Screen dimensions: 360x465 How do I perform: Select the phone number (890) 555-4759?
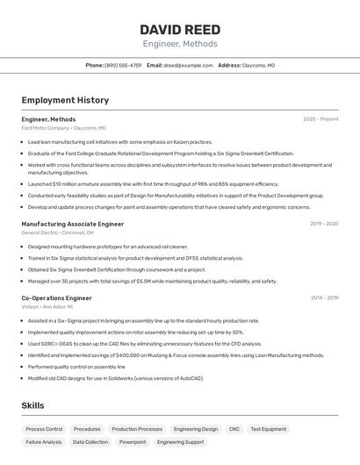pos(123,65)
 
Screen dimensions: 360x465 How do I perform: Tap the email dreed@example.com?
pos(188,65)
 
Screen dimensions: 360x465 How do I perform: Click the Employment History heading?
pos(65,100)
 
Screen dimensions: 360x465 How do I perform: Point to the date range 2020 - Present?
pos(320,118)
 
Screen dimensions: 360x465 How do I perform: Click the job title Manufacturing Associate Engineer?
pos(72,224)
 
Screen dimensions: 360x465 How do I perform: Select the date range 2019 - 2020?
pos(323,224)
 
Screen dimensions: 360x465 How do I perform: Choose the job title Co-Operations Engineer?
pos(56,297)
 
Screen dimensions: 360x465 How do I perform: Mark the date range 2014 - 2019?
pos(323,297)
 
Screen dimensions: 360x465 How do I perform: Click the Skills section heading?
pos(32,406)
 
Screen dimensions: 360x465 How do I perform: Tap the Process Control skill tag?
pos(44,429)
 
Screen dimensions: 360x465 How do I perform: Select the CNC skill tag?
pos(234,429)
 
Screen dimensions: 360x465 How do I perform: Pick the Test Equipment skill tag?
pos(268,429)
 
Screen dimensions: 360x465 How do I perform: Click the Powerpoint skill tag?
pos(133,442)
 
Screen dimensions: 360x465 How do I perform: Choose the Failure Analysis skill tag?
pos(44,442)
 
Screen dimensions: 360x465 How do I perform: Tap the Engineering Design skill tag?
pos(196,429)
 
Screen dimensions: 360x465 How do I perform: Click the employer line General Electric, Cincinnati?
pos(57,233)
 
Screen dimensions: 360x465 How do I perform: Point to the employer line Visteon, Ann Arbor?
pos(48,307)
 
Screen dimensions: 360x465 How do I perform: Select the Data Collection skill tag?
pos(90,442)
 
